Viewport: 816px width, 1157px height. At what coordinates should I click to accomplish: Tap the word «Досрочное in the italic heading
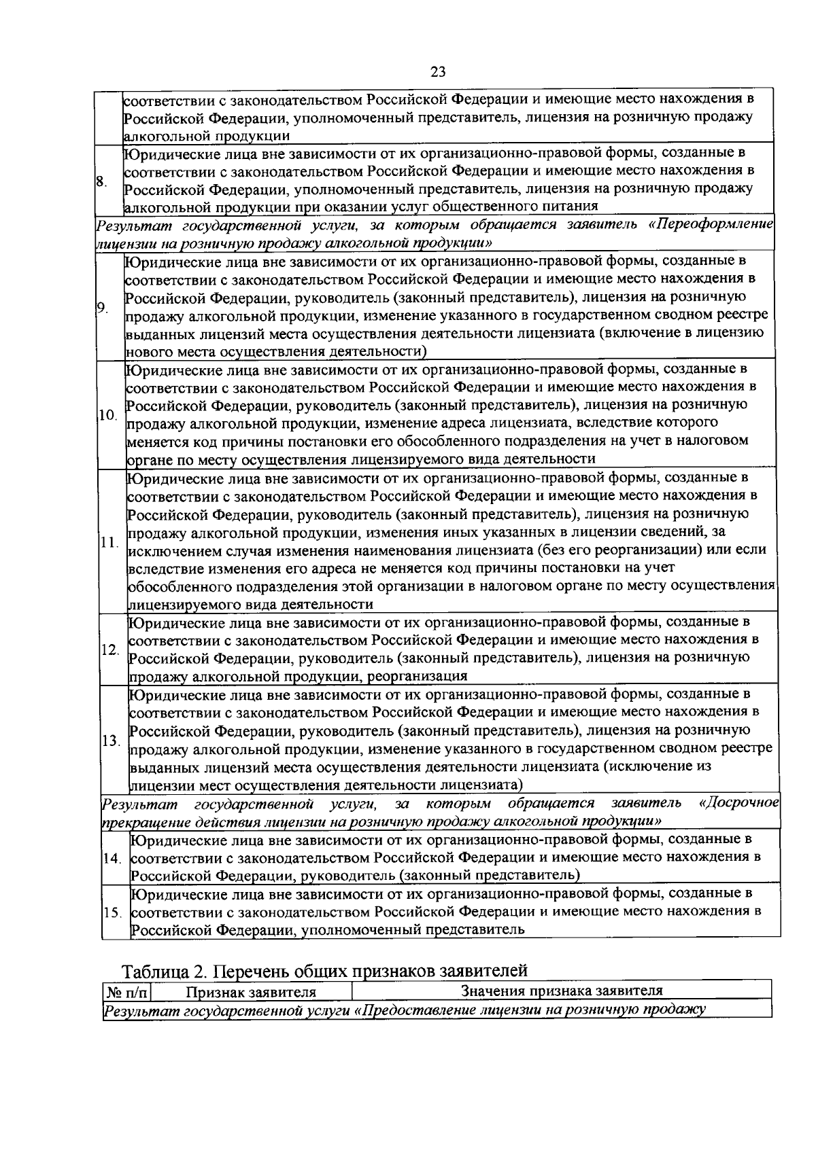(738, 804)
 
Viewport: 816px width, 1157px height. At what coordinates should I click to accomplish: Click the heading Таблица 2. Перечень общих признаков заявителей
(324, 969)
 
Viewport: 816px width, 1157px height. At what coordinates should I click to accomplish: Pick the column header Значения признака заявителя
(562, 991)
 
